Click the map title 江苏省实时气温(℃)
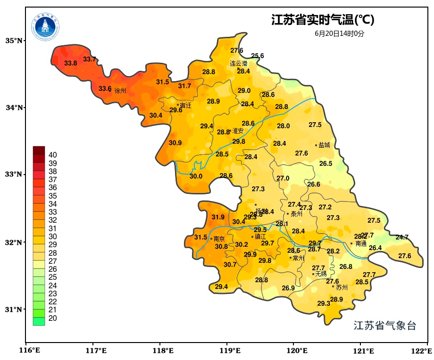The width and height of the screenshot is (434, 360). tap(323, 20)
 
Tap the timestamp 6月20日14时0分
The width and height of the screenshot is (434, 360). tap(340, 33)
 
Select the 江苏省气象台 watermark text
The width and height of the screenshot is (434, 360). tap(385, 326)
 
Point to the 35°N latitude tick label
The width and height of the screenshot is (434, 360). tap(14, 41)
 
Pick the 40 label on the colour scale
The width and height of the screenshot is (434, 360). tap(53, 155)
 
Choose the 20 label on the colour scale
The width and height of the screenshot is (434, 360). tap(53, 318)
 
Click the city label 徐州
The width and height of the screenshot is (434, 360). tap(120, 91)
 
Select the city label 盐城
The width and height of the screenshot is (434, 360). tap(325, 145)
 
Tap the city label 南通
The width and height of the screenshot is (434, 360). tap(361, 244)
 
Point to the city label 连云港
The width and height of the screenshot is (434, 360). tap(239, 63)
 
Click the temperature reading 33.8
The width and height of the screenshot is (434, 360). tap(71, 63)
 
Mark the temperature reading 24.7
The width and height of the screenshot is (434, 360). tap(402, 237)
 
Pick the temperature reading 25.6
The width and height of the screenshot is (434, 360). tap(258, 56)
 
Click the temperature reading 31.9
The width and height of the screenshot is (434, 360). tap(218, 218)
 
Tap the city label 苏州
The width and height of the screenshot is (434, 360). tap(342, 287)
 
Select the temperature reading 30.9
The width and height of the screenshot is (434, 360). tap(175, 143)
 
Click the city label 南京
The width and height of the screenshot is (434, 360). tap(219, 239)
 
